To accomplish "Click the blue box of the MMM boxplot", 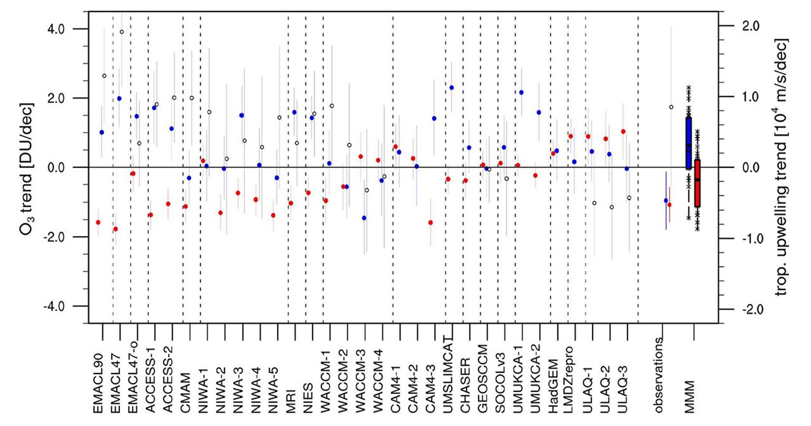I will point(689,142).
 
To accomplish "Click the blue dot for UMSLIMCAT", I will point(451,87).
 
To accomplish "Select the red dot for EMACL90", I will point(98,222).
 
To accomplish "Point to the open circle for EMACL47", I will point(122,32).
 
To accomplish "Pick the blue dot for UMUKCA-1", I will point(521,92).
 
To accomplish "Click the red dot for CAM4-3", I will point(430,222).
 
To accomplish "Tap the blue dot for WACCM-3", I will point(364,218).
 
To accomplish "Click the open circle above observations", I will point(671,107).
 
